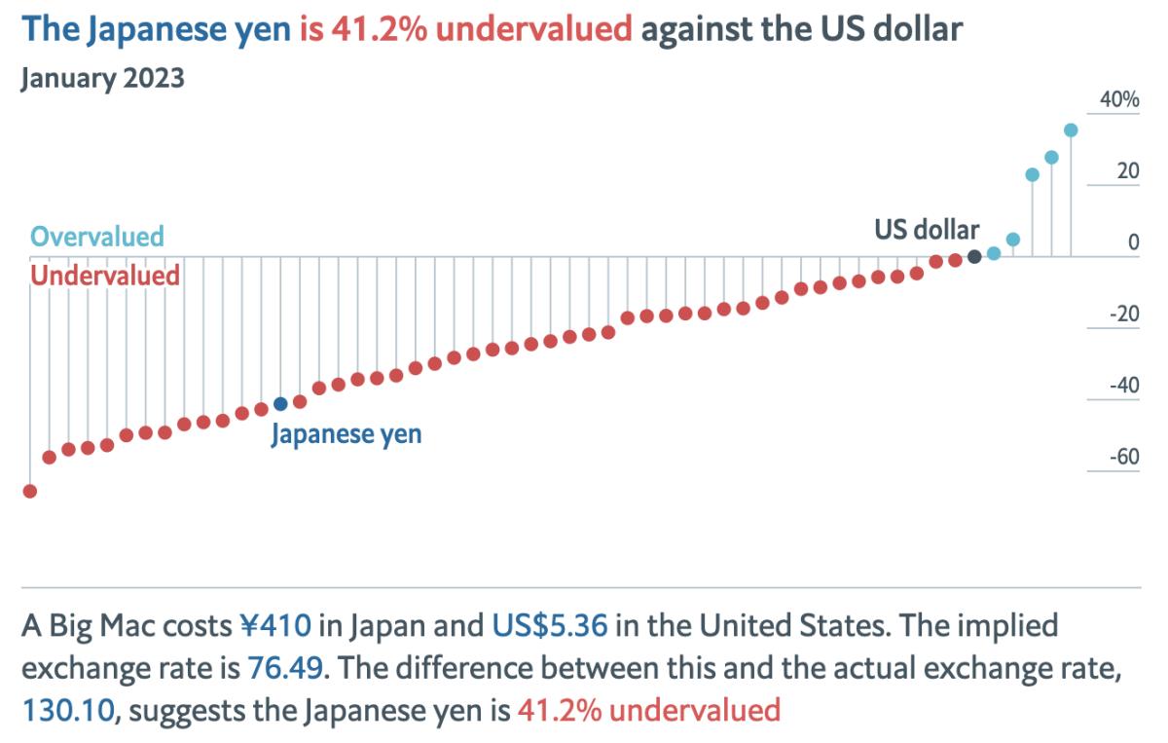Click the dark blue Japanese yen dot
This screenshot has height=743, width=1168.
(x=280, y=403)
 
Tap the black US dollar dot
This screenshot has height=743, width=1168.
(x=974, y=257)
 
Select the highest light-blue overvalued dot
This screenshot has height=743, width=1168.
(x=1071, y=130)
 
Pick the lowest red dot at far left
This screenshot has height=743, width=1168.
(x=30, y=491)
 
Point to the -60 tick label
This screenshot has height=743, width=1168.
(x=1125, y=457)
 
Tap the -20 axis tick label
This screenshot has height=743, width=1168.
(x=1125, y=314)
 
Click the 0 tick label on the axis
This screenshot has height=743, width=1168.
(x=1133, y=241)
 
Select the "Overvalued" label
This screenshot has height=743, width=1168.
(x=97, y=236)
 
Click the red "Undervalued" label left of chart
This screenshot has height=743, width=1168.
(x=105, y=276)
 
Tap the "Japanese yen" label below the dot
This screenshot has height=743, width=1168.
(x=347, y=433)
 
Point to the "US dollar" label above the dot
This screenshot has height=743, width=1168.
(x=927, y=230)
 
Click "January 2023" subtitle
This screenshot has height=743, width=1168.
(x=102, y=78)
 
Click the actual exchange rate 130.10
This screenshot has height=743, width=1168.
(x=68, y=710)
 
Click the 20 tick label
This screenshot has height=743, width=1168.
(x=1127, y=170)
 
